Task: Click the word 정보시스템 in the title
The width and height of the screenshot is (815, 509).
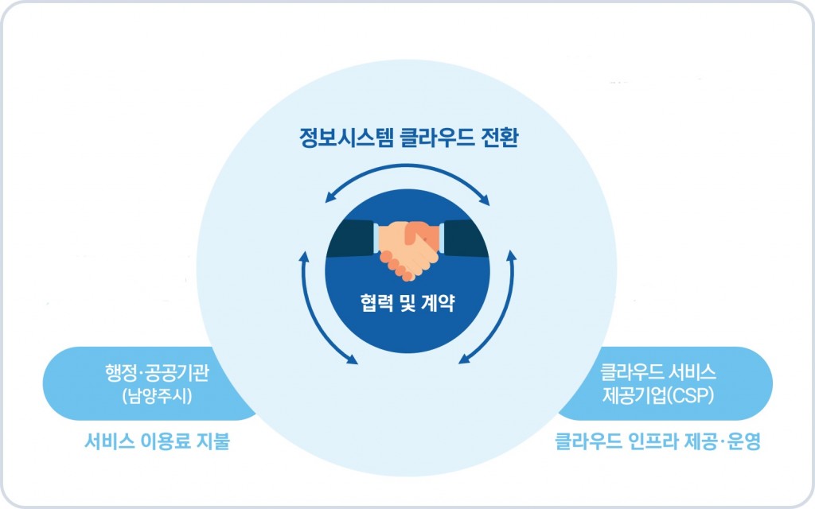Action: pos(346,138)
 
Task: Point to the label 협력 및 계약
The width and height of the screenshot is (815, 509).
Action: pos(407,302)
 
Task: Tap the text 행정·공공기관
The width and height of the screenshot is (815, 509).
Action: pos(157,373)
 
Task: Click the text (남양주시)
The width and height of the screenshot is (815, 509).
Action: pos(157,396)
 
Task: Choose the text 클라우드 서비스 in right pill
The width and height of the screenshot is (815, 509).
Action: pos(658,372)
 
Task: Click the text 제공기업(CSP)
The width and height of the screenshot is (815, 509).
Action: pos(658,396)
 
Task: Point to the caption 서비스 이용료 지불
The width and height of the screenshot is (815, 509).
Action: pos(157,441)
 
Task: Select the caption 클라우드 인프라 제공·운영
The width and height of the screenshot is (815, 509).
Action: pos(658,441)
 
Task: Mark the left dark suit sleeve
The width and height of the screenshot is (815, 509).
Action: pos(350,239)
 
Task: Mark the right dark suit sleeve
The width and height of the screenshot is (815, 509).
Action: pos(465,239)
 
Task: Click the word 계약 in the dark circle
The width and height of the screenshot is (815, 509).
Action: pos(439,302)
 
